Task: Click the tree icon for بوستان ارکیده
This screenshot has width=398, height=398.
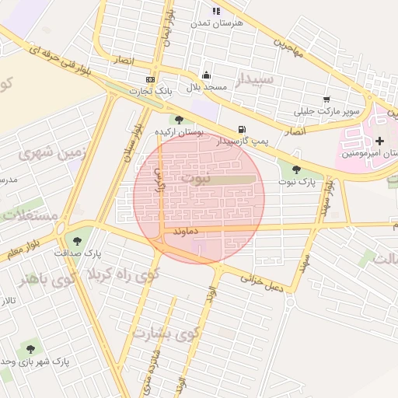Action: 180,120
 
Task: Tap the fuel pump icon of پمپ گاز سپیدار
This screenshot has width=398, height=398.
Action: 243,129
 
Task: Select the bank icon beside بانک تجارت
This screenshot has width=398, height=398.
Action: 150,79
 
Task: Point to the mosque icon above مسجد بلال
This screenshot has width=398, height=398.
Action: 205,75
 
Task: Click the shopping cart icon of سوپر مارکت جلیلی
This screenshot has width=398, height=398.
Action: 326,99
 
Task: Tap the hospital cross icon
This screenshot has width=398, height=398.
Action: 379,141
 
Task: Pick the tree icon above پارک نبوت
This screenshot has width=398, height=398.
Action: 295,169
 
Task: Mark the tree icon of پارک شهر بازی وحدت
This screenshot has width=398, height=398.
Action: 30,350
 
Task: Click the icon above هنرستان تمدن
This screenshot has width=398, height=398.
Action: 216,11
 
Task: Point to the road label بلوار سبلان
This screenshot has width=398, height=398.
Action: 128,140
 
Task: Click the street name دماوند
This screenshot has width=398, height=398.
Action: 188,231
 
